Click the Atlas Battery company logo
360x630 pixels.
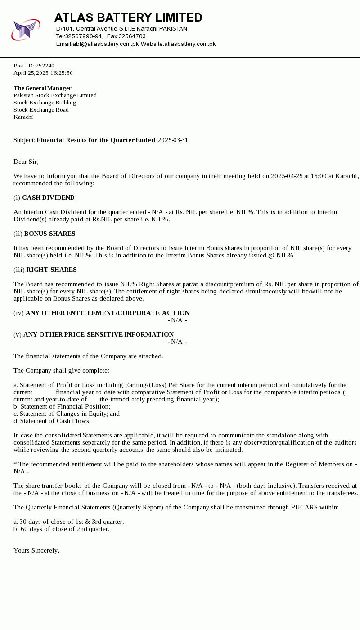pos(26,30)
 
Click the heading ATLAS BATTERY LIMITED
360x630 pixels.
pos(128,18)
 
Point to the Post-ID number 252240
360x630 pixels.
pos(45,66)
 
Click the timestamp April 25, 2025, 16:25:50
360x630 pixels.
pos(43,73)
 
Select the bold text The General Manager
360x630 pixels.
pos(43,88)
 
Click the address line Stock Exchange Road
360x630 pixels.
pos(41,110)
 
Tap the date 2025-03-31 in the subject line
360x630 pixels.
pos(173,140)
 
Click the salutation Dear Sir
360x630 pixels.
pos(26,162)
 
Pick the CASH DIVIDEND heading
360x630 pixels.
pos(48,198)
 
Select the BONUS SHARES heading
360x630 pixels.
pos(49,234)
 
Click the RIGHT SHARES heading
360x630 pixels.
pos(51,270)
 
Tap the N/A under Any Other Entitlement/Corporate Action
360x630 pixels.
pos(177,320)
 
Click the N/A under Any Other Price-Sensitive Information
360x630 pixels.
pos(177,342)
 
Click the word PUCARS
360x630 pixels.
pos(305,508)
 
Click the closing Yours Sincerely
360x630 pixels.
pos(36,551)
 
